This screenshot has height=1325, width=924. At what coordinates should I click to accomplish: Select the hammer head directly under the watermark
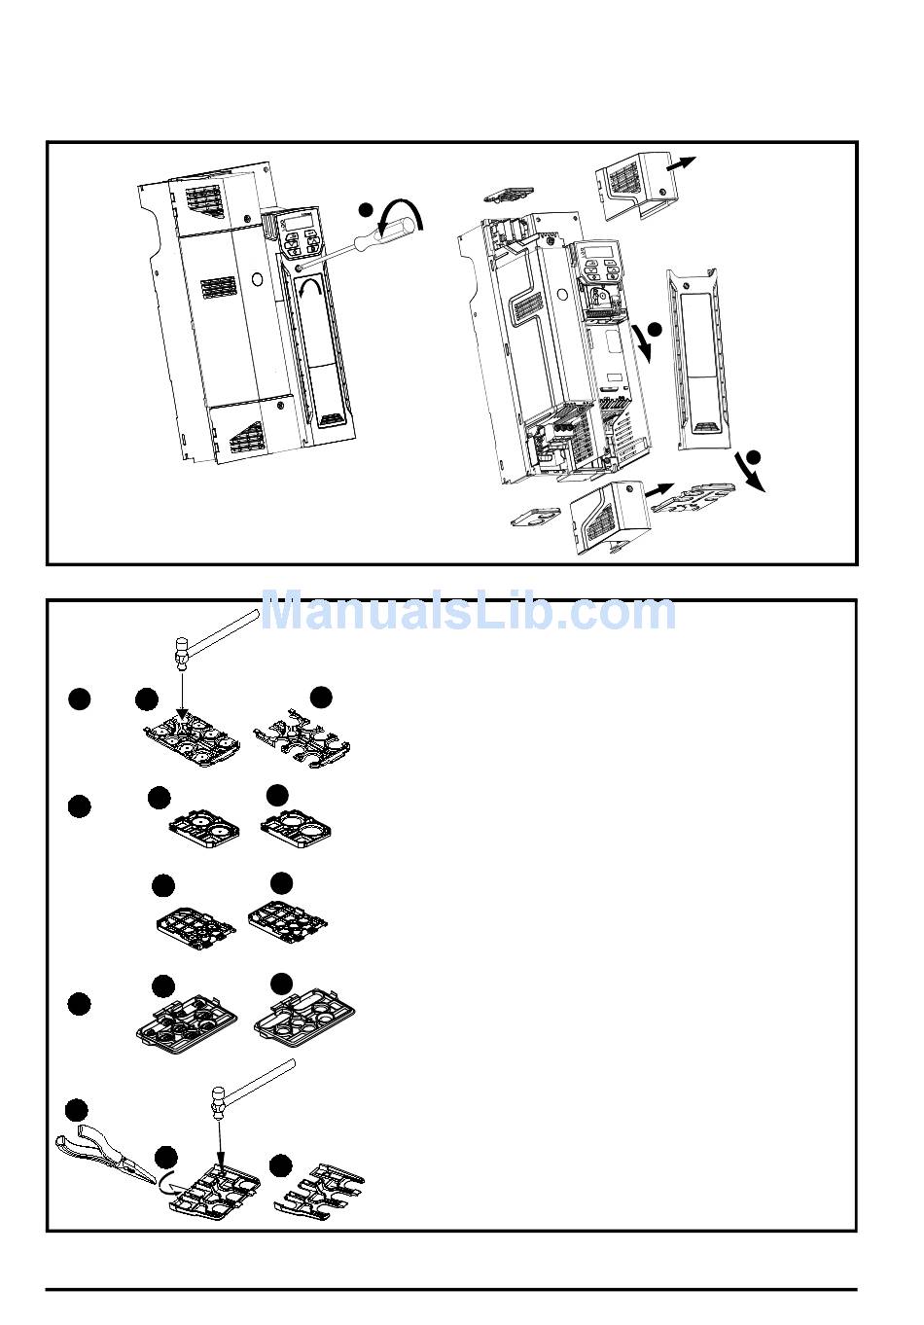tap(182, 650)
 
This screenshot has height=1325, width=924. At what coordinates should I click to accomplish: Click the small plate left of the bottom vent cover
tap(536, 516)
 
